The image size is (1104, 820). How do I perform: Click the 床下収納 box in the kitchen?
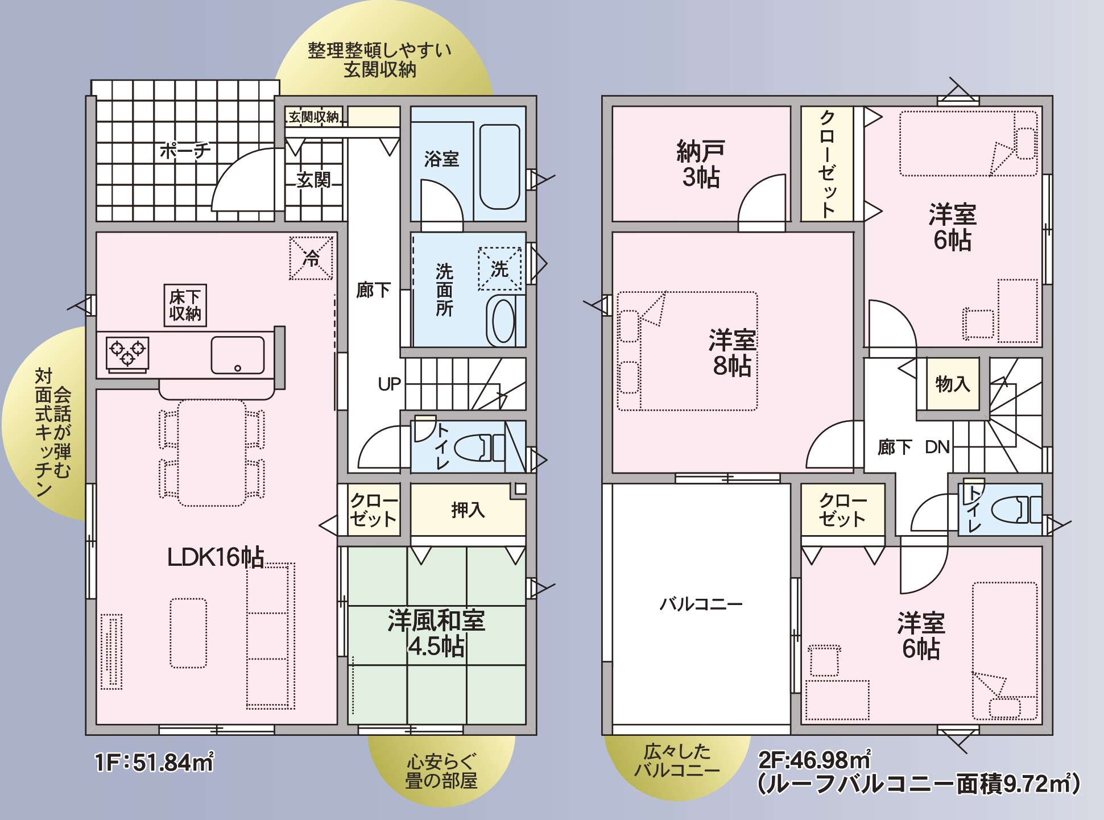pos(185,305)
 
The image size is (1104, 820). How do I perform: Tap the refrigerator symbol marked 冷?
pos(311,258)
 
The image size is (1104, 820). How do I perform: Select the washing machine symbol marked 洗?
pos(499,268)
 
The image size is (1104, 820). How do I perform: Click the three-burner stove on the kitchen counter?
pos(127,354)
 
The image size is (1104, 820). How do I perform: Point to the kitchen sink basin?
pos(238,355)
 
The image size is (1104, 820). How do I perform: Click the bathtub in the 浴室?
pos(499,167)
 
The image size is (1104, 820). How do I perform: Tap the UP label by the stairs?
pos(390,385)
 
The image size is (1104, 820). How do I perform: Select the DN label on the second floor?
pos(937,447)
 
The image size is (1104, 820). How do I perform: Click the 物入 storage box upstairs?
pos(953,384)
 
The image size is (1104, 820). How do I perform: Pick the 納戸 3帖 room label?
pos(701,164)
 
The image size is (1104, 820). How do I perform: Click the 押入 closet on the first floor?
pos(468,510)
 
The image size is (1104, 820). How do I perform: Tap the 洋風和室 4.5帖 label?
pos(436,633)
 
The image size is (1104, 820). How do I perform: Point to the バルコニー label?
pos(701,603)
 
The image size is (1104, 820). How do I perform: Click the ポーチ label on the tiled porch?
pos(185,150)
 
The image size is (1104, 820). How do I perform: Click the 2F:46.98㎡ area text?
pos(815,760)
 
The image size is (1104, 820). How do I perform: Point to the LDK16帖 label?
pos(216,557)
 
